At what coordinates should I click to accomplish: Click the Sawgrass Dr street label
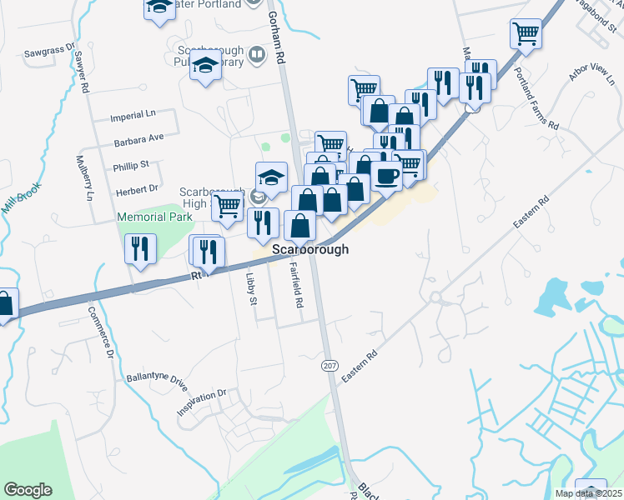pos(50,51)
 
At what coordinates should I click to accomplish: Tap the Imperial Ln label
pos(133,117)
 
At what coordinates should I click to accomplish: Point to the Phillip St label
pos(132,165)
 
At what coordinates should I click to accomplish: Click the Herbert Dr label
pos(137,189)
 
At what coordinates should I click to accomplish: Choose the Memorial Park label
pos(154,217)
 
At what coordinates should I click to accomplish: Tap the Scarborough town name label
pos(310,249)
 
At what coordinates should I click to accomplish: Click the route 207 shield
pos(330,366)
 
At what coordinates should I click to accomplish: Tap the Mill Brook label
pos(21,201)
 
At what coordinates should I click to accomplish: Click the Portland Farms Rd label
pos(536,97)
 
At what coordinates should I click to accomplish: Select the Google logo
pos(28,490)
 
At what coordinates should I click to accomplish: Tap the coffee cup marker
pos(386,175)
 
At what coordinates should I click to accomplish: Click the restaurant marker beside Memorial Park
pos(139,248)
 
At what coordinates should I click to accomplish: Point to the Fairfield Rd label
pos(295,286)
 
